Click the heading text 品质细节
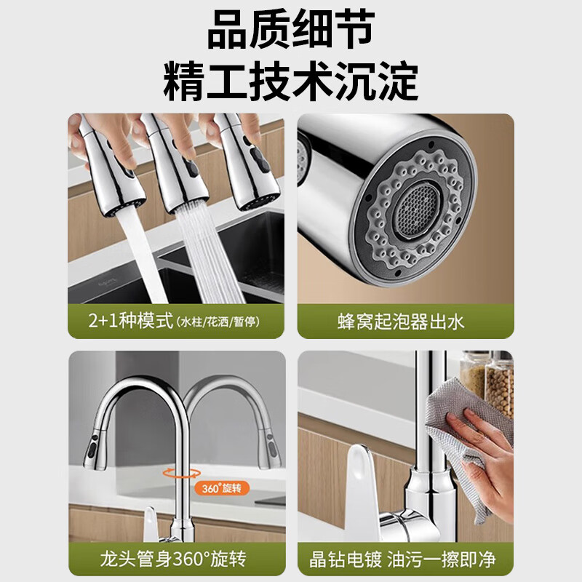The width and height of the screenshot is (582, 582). tap(290, 32)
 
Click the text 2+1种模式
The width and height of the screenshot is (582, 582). tap(129, 321)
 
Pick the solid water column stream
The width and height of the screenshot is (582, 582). tap(138, 255)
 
